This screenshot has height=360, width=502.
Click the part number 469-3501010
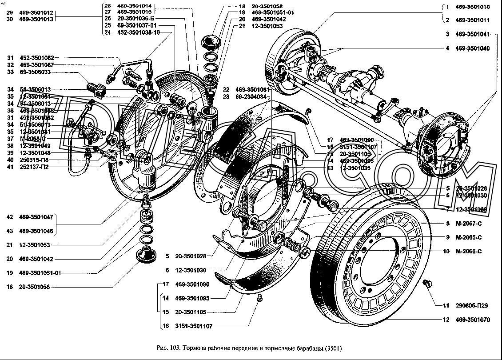coord(473,7)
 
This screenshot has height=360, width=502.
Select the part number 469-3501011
coord(473,20)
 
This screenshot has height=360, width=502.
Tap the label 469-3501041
coord(473,34)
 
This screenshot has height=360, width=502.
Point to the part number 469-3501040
coord(473,48)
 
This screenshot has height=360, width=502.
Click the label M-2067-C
coord(469,223)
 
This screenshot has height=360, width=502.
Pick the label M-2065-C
coord(469,237)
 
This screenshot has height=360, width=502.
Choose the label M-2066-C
coord(469,251)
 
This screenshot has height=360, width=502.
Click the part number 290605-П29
coord(472,305)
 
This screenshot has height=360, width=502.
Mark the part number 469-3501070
coord(473,319)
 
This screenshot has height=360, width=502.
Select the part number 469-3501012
coord(36,13)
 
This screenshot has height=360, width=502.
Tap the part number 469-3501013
coord(36,20)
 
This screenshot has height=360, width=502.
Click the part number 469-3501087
coord(36,65)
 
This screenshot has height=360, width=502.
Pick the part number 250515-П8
coord(35,160)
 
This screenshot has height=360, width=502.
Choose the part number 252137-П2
coord(35,167)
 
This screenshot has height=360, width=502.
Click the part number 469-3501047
coord(36,217)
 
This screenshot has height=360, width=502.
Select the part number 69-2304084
coord(251,96)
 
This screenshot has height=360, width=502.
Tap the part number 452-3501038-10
coord(139,32)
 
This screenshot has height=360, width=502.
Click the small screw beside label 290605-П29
coord(428,283)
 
